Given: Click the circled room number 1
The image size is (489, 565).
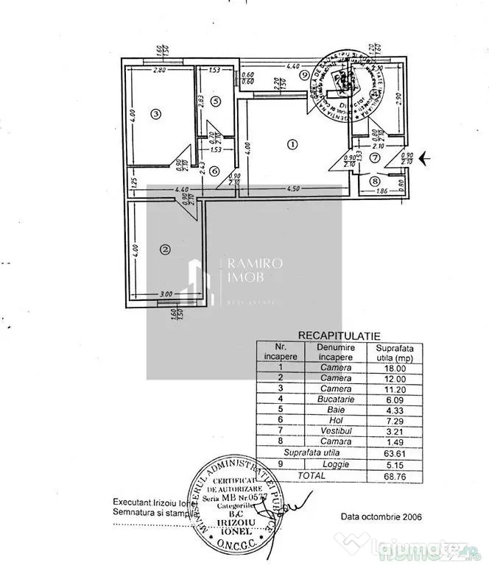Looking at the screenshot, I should click(x=292, y=144).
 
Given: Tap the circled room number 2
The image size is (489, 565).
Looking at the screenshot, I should click(x=165, y=250).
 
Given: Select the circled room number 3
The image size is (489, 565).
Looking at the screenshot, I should click(x=155, y=113).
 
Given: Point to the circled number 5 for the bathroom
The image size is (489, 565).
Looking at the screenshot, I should click(x=215, y=102).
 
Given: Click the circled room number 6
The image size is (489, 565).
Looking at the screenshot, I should click(x=214, y=171).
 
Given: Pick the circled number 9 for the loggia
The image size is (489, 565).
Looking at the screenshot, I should click(x=303, y=74).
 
